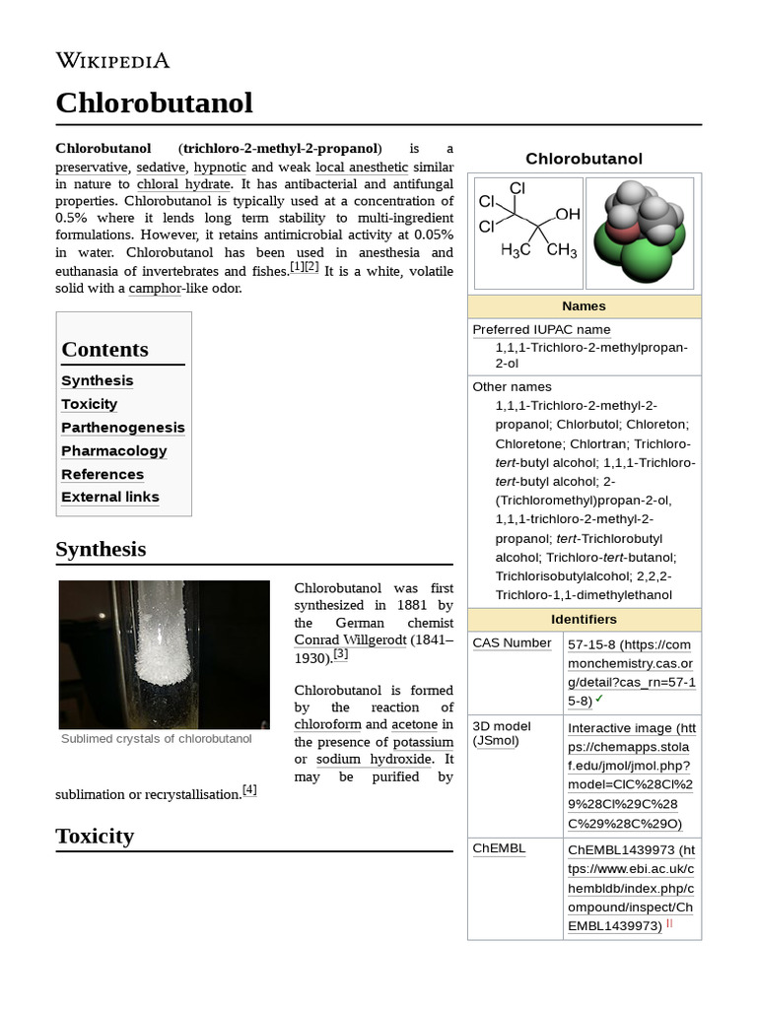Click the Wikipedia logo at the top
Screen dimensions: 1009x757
112,61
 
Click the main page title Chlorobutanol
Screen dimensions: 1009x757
154,102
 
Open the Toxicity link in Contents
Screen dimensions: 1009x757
89,404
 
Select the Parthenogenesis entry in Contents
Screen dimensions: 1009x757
122,428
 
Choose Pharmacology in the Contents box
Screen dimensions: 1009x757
113,450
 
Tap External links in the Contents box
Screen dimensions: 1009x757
109,497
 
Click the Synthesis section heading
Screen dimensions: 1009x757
101,549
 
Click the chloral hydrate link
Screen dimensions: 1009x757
183,184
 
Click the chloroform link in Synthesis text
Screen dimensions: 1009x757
327,725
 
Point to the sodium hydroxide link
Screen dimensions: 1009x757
374,760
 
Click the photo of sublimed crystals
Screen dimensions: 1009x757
164,654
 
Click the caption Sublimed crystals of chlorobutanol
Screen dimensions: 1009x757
156,739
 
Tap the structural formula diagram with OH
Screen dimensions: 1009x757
527,234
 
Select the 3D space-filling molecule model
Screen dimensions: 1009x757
640,234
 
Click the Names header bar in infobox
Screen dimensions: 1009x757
584,306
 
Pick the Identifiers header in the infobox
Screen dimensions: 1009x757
584,620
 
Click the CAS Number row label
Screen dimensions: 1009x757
512,643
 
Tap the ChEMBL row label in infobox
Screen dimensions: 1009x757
499,848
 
